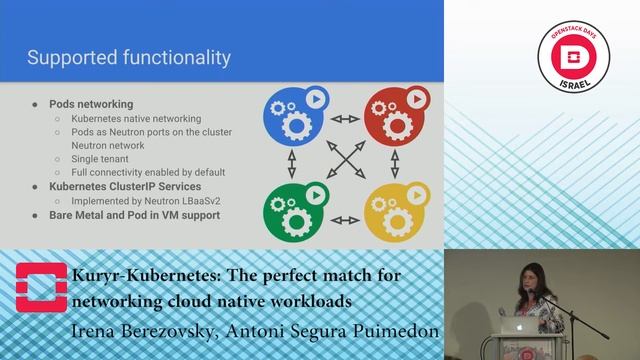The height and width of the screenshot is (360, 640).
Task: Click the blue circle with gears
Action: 297,117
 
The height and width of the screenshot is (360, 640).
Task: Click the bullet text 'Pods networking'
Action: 91,104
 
